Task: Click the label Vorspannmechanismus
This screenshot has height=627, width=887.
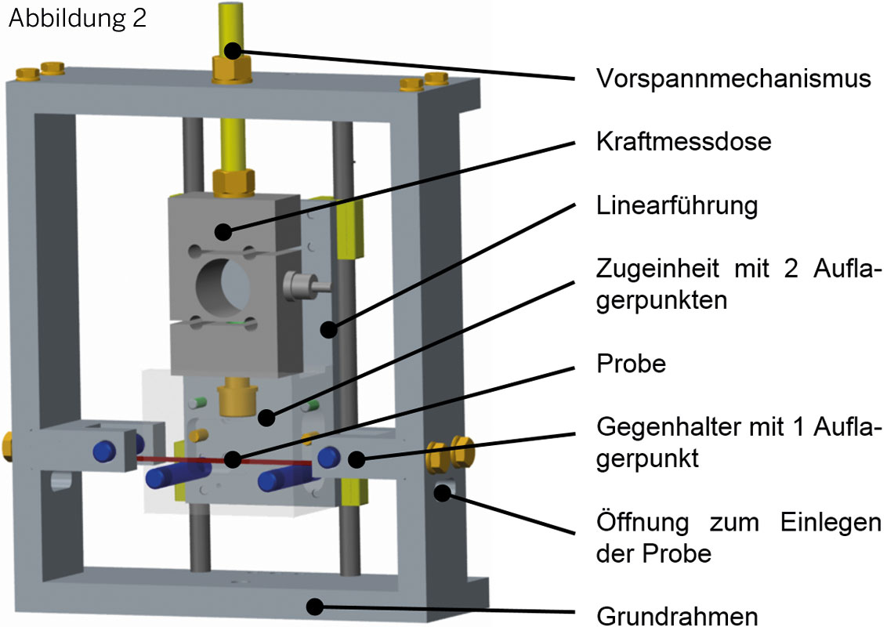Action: click(x=733, y=79)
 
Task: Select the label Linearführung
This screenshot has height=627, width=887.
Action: click(x=677, y=206)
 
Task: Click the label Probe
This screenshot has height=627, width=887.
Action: click(x=631, y=364)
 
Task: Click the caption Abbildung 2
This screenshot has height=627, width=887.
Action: click(x=77, y=19)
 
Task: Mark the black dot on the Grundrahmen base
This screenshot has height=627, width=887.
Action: click(x=314, y=605)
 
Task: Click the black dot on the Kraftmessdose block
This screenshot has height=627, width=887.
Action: click(x=223, y=232)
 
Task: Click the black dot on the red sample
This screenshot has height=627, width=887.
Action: click(x=232, y=458)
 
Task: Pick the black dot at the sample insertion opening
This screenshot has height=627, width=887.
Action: click(x=444, y=491)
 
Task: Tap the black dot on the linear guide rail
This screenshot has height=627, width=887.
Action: click(x=330, y=330)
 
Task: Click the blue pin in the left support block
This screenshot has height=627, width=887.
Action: click(x=103, y=451)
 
